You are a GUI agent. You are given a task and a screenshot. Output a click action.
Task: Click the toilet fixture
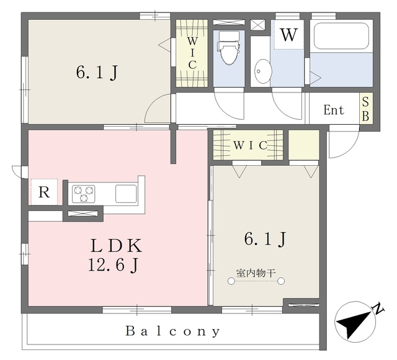tap(229, 48)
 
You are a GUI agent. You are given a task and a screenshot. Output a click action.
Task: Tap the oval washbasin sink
tap(263, 71)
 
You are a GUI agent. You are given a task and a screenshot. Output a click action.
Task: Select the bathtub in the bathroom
tap(341, 36)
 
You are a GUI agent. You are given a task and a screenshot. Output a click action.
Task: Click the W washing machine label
tap(288, 35)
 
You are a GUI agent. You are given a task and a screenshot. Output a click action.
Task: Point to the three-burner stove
tap(83, 194)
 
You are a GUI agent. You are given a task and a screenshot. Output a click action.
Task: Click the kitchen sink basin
tap(126, 194)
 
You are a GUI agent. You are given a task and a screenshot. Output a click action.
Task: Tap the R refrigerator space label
tap(44, 192)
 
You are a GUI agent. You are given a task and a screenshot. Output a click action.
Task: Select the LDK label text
tap(116, 246)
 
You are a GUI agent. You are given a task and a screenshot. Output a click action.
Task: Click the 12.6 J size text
tap(114, 266)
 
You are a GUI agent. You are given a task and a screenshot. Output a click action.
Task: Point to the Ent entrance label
tap(334, 110)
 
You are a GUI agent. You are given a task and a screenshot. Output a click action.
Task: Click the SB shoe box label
tap(365, 109)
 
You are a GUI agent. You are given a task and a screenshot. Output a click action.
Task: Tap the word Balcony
tap(173, 331)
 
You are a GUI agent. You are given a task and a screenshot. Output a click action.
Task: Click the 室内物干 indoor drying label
tap(256, 273)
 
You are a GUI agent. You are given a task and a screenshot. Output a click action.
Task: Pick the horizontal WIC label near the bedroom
tap(251, 145)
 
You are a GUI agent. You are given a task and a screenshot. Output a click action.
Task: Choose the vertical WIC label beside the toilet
tap(192, 53)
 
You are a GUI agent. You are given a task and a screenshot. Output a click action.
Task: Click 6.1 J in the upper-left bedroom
tap(97, 72)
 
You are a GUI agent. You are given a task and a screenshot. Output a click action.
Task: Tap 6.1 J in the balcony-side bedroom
tap(265, 239)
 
